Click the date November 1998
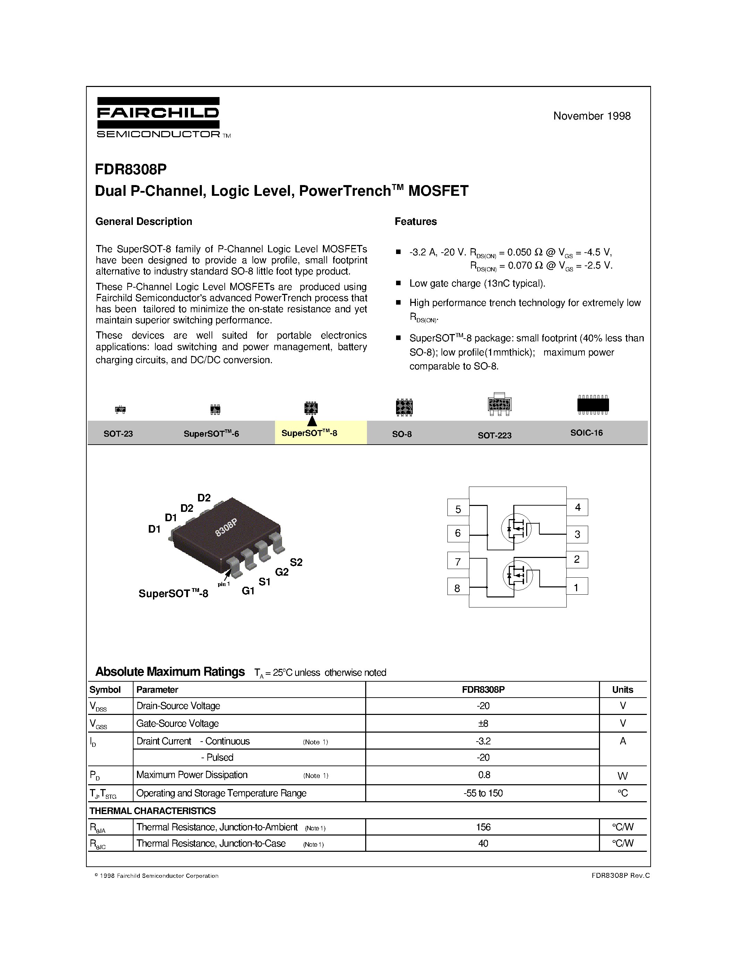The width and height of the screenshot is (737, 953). tap(592, 116)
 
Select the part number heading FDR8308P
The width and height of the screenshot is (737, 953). tap(130, 169)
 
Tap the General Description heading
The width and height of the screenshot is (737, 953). tap(144, 222)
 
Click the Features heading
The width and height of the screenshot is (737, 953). tap(415, 222)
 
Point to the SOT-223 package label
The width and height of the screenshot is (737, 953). tap(494, 435)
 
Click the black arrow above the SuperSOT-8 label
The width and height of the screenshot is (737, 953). tap(312, 421)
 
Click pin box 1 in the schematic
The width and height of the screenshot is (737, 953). tap(577, 587)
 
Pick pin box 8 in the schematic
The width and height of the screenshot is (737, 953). tap(457, 588)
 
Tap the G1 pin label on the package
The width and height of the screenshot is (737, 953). tap(248, 591)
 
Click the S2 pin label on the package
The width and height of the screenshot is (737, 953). tap(296, 562)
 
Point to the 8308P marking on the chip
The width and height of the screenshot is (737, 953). tap(226, 527)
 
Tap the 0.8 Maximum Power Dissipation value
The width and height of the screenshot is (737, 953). tap(484, 775)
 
